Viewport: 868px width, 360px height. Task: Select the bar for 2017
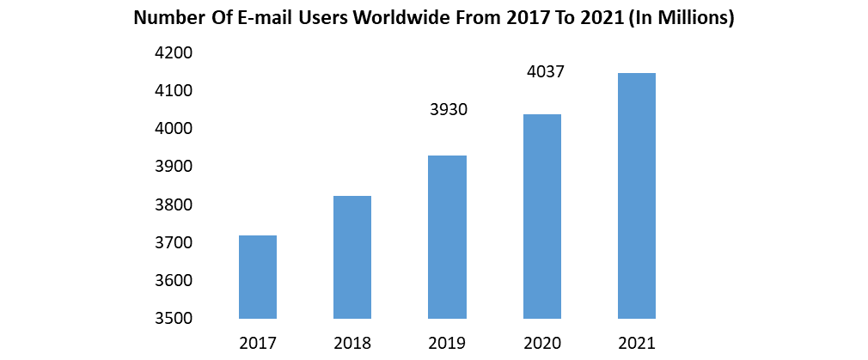(x=258, y=277)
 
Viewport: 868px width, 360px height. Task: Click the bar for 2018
(x=352, y=257)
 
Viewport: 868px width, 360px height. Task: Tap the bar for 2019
(x=448, y=237)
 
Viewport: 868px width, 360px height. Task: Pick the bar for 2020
(x=542, y=217)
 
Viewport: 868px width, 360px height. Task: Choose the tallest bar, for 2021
(x=637, y=196)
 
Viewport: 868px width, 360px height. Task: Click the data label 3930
(x=448, y=110)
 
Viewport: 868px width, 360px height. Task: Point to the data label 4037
(x=545, y=72)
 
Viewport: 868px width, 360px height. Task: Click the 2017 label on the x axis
(x=258, y=344)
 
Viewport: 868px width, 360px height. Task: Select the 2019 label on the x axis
(x=448, y=344)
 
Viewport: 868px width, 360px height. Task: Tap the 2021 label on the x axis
(x=637, y=344)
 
